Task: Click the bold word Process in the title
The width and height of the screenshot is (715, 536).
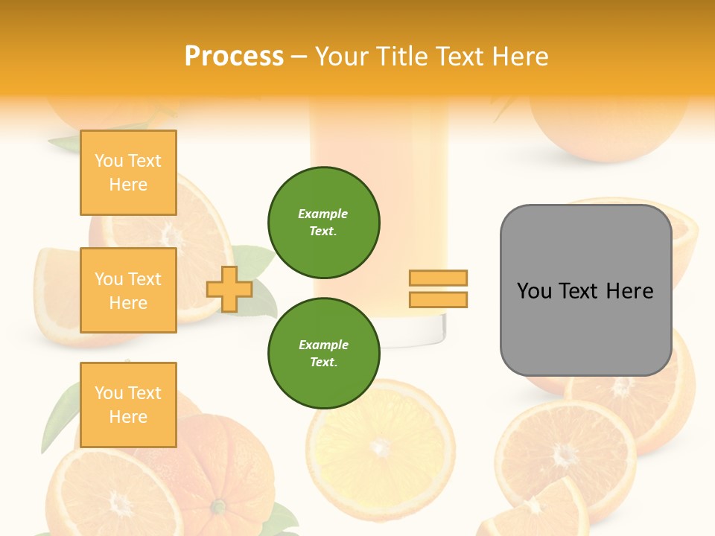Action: pyautogui.click(x=234, y=57)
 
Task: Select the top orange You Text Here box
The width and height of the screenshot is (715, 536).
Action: pyautogui.click(x=128, y=173)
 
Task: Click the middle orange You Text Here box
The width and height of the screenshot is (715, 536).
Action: pyautogui.click(x=128, y=290)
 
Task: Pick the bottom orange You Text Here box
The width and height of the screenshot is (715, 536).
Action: pyautogui.click(x=128, y=404)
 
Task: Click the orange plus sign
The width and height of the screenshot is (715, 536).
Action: pyautogui.click(x=229, y=289)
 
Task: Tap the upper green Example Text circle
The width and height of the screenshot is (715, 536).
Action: pyautogui.click(x=323, y=222)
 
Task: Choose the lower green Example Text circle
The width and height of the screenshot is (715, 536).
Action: pyautogui.click(x=323, y=353)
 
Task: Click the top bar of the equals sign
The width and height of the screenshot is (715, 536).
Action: pyautogui.click(x=438, y=278)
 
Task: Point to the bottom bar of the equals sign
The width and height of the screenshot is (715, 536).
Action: pyautogui.click(x=438, y=299)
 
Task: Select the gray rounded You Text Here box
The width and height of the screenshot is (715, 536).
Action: pyautogui.click(x=585, y=290)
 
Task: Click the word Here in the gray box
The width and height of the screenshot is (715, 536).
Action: pyautogui.click(x=629, y=291)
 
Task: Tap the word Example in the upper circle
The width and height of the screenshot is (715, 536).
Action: pyautogui.click(x=323, y=214)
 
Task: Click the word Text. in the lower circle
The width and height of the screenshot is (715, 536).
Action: pyautogui.click(x=323, y=362)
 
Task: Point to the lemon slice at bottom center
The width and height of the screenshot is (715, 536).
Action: pyautogui.click(x=381, y=447)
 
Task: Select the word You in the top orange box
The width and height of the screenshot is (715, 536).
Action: pyautogui.click(x=109, y=161)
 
